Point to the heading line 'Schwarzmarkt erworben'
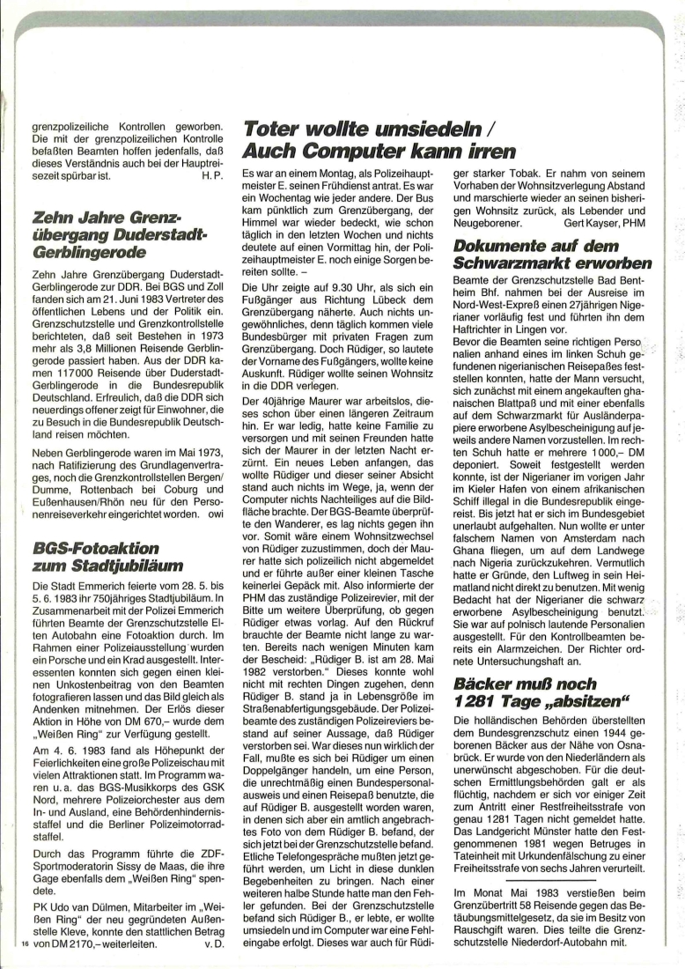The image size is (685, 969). (x=552, y=263)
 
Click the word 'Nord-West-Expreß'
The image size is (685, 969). (x=497, y=309)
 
